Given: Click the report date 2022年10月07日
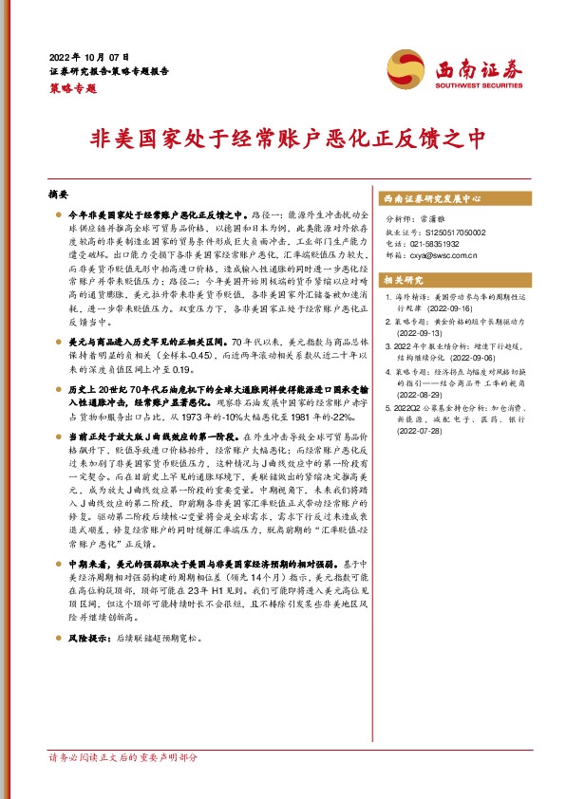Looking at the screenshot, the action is point(89,57).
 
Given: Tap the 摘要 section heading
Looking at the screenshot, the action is point(58,194).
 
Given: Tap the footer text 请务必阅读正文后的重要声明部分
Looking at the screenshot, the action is point(123,785).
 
